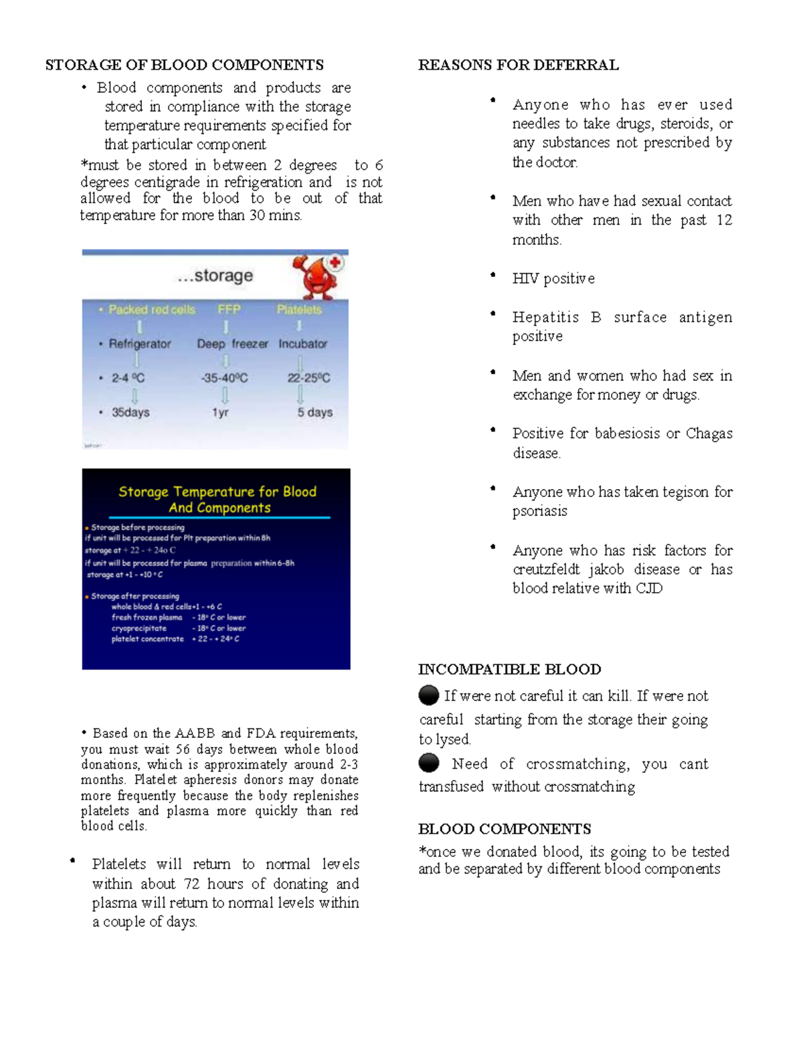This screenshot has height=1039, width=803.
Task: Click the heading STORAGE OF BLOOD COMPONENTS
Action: point(184,65)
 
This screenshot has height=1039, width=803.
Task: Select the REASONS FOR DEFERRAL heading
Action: point(518,65)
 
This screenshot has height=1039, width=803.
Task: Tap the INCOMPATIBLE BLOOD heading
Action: point(509,669)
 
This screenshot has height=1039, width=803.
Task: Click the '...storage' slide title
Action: point(215,276)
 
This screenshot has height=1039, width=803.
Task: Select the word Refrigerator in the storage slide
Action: point(140,344)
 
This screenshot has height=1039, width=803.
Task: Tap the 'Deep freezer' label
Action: point(232,344)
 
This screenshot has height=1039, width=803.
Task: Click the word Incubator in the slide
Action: point(303,344)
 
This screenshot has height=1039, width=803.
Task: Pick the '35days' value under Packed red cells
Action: point(130,413)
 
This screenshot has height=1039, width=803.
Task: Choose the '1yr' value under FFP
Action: point(220,413)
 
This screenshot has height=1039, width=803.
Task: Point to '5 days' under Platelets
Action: point(315,413)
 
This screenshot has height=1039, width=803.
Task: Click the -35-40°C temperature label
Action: point(224,378)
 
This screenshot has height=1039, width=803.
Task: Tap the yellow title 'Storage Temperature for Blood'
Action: point(217,492)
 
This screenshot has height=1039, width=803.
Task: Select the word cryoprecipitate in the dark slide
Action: point(139,628)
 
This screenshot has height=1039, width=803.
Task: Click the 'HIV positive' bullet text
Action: point(553,278)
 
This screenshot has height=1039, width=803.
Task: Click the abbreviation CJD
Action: point(648,588)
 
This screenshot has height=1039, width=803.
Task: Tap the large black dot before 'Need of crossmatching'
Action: point(429,763)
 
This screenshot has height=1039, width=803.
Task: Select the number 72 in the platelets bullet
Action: point(191,884)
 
